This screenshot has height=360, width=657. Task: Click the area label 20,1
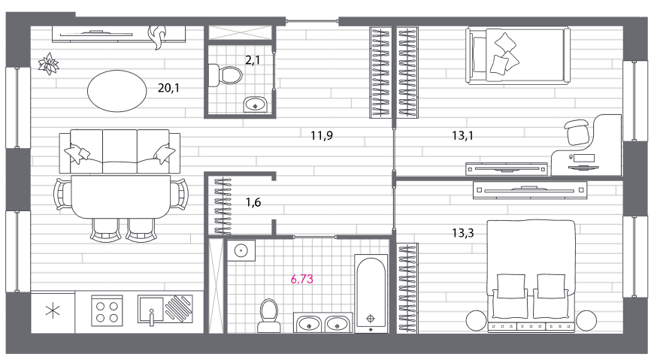point(168,88)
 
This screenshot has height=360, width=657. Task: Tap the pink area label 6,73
point(301,279)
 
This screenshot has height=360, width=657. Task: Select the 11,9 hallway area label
point(322,135)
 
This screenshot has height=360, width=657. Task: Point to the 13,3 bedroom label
point(463,232)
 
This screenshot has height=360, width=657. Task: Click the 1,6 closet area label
point(253,202)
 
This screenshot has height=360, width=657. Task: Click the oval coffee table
point(117,91)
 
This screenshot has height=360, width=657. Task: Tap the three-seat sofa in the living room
point(120,151)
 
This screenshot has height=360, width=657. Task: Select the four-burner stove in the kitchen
point(107,311)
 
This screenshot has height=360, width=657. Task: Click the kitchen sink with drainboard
point(165,310)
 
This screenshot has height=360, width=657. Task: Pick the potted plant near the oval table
point(49,64)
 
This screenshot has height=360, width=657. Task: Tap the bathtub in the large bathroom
point(371,293)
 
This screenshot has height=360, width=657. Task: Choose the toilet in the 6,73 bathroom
point(269,316)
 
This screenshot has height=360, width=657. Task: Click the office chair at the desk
point(577,132)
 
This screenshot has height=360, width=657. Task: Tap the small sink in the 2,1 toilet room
point(255,104)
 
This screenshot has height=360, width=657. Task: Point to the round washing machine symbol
point(241,250)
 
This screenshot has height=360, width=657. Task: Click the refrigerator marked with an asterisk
point(53,311)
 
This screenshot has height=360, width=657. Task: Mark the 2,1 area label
point(253,60)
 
